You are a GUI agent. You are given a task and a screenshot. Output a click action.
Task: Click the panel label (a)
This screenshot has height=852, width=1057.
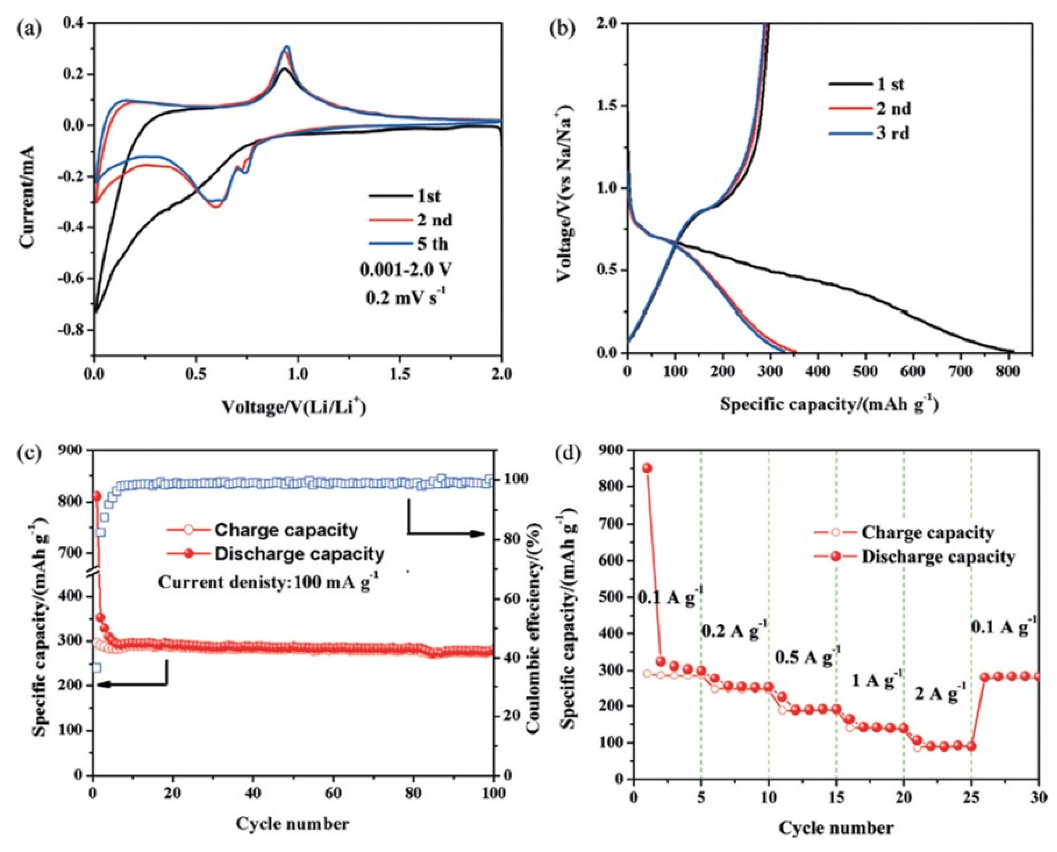click(28, 28)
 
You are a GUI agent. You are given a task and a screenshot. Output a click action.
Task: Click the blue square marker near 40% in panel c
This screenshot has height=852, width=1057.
click(97, 668)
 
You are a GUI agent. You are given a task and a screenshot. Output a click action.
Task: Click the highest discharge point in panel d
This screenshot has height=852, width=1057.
click(648, 468)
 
